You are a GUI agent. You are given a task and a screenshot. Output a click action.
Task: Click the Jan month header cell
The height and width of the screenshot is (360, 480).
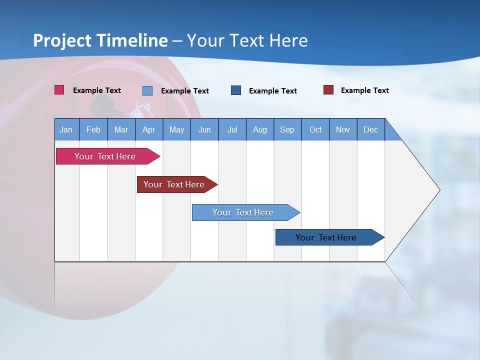pos(66,129)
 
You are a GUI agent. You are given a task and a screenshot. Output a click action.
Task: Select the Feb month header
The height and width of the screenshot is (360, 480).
pos(93,129)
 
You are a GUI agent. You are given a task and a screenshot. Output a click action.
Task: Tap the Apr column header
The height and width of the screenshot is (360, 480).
pos(148,129)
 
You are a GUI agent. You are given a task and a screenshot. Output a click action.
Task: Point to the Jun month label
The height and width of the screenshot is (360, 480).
pos(204,129)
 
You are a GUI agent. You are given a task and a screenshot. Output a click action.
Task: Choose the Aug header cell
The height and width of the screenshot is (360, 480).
pos(259,129)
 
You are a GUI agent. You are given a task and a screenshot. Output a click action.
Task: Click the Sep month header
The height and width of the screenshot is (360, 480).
pos(287,129)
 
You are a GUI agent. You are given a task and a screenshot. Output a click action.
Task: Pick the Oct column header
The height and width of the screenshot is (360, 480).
pos(315,129)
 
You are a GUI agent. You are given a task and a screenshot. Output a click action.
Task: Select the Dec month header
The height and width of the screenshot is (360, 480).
pos(370,129)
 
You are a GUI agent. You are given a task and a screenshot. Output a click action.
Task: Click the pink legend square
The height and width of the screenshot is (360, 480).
pos(59,90)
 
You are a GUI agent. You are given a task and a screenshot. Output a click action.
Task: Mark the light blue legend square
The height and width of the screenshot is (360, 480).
pos(147,90)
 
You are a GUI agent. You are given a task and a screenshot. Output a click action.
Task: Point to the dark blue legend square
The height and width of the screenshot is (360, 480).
pos(236,90)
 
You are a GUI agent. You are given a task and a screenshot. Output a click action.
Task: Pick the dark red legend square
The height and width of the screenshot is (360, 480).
pos(328,90)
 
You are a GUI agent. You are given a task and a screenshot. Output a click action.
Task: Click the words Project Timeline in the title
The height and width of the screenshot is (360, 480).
pos(100,40)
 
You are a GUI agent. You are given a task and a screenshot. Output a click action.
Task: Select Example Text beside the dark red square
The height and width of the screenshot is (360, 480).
pos(364,90)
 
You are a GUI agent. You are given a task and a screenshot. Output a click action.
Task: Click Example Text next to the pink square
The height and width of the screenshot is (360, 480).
pos(97,90)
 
